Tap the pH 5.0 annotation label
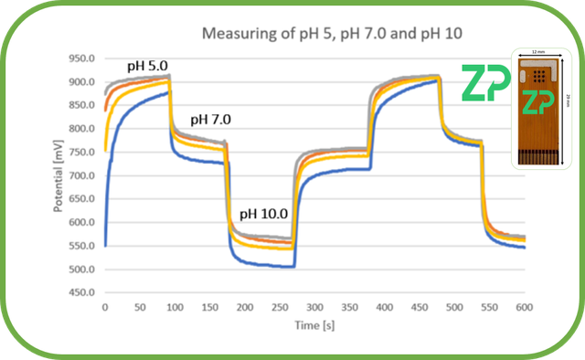point(154,66)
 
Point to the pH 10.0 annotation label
point(264,214)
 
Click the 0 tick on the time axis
point(105,307)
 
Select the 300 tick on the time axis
point(314,307)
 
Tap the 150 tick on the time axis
point(209,307)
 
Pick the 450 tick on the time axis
point(420,307)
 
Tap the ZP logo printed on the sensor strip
point(538,103)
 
